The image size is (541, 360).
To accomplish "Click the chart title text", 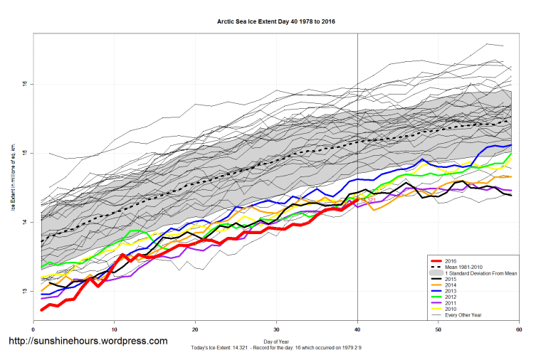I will click(276, 22).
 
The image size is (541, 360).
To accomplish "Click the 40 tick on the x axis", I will click(357, 329).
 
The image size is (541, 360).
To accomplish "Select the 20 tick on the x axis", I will click(195, 329).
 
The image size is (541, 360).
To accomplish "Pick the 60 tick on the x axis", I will click(519, 329).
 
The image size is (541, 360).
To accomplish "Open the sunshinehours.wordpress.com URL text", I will click(87, 342).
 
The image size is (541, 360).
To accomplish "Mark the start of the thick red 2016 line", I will click(42, 309).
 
